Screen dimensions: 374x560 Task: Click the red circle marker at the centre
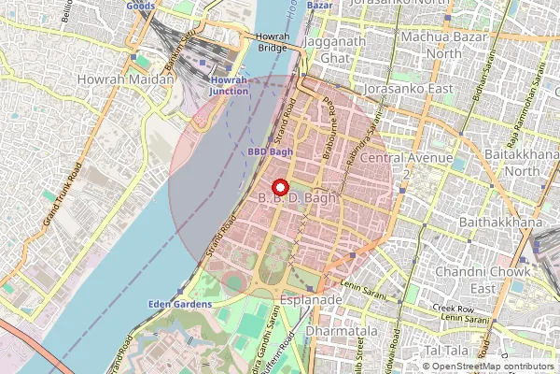click(279, 187)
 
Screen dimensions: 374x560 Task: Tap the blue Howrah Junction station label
click(229, 86)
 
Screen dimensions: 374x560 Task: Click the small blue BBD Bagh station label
click(270, 151)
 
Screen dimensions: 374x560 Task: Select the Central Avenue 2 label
click(407, 165)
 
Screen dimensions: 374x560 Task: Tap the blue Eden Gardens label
click(179, 304)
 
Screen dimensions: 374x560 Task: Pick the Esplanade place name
click(311, 299)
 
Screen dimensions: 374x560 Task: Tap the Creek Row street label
click(453, 308)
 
